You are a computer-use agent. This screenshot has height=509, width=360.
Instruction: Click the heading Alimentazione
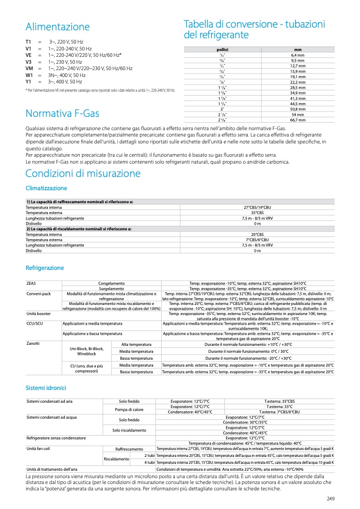tap(57, 27)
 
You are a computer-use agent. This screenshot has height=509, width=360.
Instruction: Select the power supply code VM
tap(29, 69)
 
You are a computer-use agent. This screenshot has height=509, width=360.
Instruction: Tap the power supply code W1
tap(29, 75)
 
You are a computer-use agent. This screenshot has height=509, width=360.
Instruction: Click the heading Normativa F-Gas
tap(62, 113)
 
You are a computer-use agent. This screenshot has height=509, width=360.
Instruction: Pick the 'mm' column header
tap(297, 49)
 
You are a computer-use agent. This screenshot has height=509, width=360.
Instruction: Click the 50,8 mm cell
tap(297, 109)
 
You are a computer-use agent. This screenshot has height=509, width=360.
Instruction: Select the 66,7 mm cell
tap(297, 120)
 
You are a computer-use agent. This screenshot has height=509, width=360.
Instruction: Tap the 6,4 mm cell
tap(297, 55)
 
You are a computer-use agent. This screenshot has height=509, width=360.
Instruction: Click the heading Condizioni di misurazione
tap(83, 173)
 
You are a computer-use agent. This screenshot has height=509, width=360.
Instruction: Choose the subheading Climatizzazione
tap(46, 188)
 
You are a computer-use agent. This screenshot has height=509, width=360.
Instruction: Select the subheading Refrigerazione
tap(45, 268)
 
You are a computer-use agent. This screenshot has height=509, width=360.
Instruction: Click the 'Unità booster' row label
tap(38, 313)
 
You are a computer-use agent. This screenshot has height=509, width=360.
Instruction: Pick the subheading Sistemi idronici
tap(48, 388)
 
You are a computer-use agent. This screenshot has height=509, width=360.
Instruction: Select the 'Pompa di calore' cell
tap(129, 410)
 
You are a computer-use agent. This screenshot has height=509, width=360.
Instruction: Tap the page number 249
tap(331, 498)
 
